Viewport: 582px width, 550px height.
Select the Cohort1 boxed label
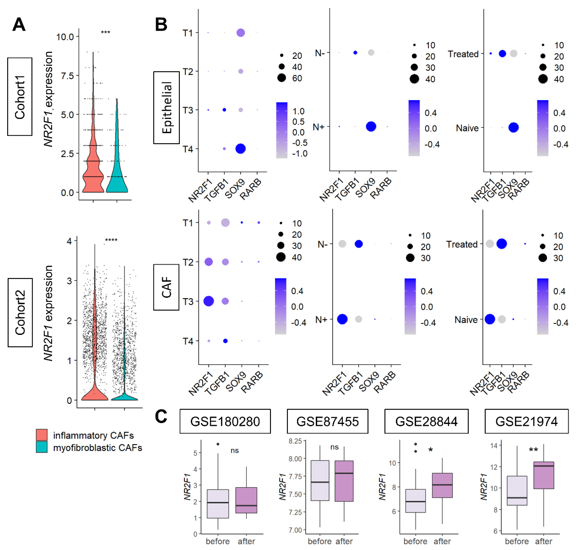[20, 97]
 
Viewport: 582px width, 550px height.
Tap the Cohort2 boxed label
[20, 312]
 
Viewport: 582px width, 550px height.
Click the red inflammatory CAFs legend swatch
[42, 435]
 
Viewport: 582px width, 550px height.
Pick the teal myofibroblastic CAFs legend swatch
[42, 447]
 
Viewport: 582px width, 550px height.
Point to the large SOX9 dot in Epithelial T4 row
[240, 149]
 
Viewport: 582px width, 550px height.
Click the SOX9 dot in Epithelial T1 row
[240, 33]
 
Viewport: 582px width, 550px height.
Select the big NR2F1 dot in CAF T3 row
[208, 301]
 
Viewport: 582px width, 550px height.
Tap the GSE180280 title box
[225, 421]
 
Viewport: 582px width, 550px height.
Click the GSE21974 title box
[526, 421]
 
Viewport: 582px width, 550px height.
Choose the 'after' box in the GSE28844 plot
[442, 485]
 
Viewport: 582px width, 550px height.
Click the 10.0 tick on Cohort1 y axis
[65, 37]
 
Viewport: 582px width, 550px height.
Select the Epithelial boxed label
[166, 108]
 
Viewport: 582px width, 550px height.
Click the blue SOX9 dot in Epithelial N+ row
[371, 127]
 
